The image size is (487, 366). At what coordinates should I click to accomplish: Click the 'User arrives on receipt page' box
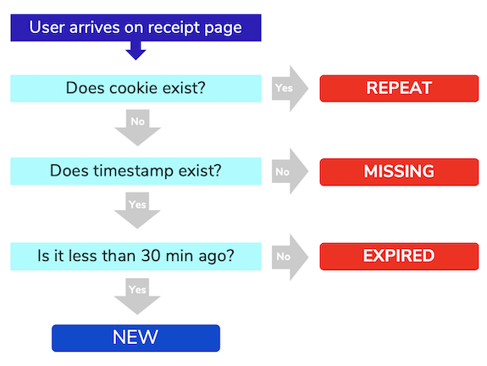click(x=136, y=28)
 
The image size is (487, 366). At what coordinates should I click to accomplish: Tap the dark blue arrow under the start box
click(x=136, y=50)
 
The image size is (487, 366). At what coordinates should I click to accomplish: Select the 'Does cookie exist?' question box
click(x=136, y=88)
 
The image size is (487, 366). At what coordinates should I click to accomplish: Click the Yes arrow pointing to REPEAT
click(x=291, y=89)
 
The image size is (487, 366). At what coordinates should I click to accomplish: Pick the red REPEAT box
click(x=399, y=88)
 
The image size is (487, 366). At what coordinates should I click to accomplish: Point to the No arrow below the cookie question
click(x=137, y=127)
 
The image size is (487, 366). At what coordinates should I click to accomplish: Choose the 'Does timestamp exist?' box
click(x=136, y=171)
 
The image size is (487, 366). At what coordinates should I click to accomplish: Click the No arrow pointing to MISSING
click(x=291, y=171)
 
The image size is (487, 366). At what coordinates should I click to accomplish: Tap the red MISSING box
click(x=399, y=172)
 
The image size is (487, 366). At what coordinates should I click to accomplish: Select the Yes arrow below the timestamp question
click(x=137, y=210)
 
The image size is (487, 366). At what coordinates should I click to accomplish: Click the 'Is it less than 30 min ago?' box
click(x=136, y=257)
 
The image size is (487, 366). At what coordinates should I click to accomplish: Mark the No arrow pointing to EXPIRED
click(x=291, y=258)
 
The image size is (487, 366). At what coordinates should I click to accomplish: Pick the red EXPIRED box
click(x=399, y=257)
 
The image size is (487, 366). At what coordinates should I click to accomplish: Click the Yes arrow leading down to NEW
click(x=137, y=296)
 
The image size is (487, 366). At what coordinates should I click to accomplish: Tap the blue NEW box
click(x=136, y=338)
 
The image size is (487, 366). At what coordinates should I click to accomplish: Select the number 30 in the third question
click(x=152, y=256)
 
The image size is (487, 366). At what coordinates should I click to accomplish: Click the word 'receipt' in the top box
click(x=169, y=28)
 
